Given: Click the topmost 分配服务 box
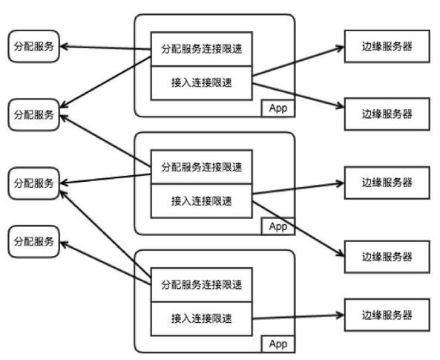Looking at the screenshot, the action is (x=33, y=46).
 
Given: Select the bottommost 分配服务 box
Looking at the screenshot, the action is (x=33, y=241).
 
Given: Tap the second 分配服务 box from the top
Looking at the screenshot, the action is (x=33, y=115).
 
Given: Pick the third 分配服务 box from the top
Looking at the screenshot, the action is (x=33, y=183).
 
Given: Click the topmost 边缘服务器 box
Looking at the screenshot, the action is (x=387, y=46).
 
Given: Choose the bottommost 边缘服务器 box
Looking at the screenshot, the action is (x=387, y=315).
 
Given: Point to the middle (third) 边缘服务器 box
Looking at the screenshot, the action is (x=387, y=183).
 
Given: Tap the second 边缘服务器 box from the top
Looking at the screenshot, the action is (x=387, y=114).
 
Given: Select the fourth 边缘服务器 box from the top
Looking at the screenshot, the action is (x=387, y=257).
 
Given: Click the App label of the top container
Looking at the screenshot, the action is (x=278, y=108).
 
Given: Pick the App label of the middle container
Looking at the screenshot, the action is (x=278, y=226).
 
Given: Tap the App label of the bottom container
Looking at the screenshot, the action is (x=278, y=344).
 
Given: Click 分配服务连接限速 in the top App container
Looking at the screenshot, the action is (x=202, y=49).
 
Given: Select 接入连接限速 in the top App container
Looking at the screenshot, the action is (x=202, y=83).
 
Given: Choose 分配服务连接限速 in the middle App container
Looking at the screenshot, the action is (x=202, y=167).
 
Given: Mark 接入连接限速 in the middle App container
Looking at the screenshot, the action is (x=202, y=201).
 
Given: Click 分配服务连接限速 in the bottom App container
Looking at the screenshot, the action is (x=202, y=285).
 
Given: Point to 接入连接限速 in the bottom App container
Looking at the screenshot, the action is (x=202, y=319).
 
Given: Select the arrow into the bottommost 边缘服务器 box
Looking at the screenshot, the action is (x=298, y=317).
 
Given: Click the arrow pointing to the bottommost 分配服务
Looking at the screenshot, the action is (x=105, y=264).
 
